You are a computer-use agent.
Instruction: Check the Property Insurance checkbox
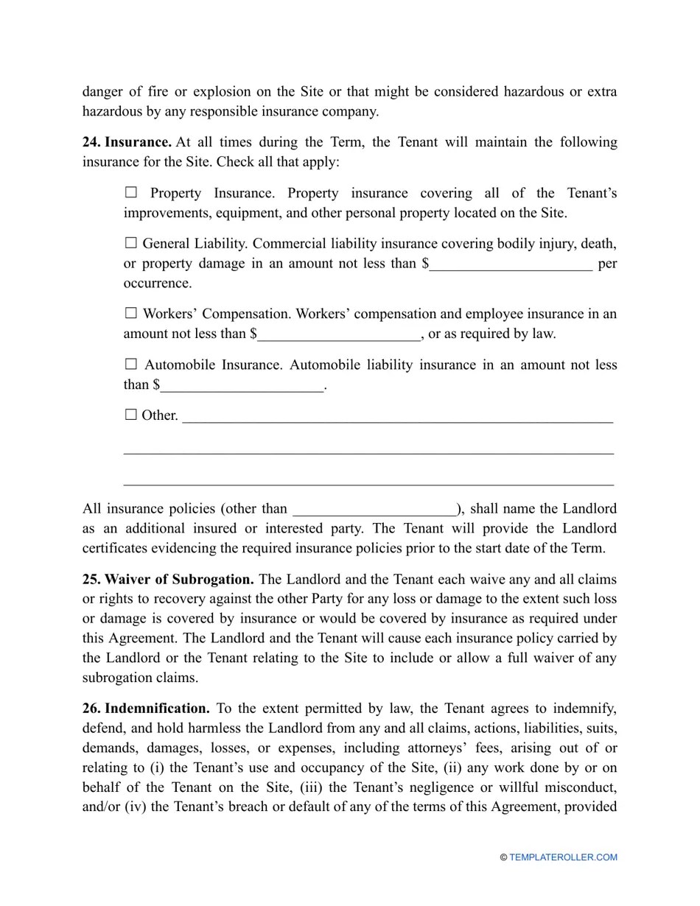coord(131,193)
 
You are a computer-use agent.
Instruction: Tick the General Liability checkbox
coord(131,243)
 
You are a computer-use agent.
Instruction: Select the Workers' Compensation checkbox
coord(131,313)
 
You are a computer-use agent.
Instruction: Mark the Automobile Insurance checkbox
coord(131,364)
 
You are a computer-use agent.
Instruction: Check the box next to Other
coord(131,415)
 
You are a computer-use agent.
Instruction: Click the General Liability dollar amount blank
coord(511,264)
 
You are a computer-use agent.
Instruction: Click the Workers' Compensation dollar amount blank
coord(340,334)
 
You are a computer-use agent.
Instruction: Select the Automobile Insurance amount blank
coord(242,385)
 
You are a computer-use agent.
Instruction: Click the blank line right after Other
coord(397,417)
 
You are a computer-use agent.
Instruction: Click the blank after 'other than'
coord(374,510)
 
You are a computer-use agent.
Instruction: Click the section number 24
coord(91,141)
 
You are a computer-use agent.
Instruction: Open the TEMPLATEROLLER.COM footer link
coord(563,857)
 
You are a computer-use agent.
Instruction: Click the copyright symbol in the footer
coord(503,857)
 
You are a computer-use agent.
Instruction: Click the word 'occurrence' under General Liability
coord(158,284)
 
